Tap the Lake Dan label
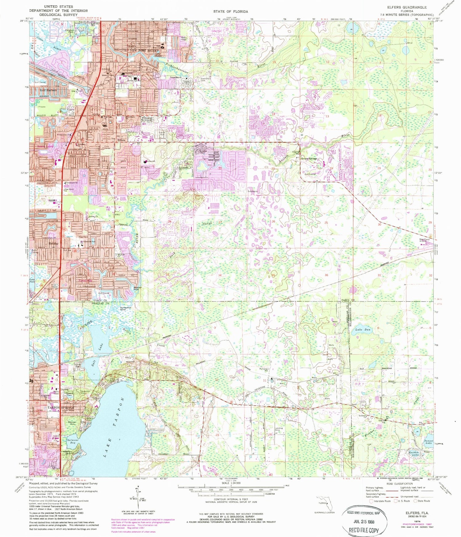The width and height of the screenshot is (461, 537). (363, 330)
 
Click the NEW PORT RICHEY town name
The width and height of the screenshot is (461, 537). (144, 50)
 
